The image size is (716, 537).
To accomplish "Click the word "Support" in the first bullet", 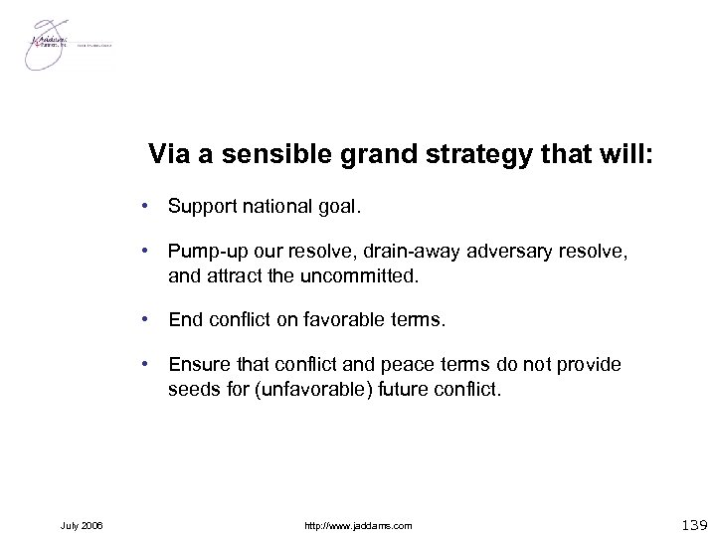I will (200, 206).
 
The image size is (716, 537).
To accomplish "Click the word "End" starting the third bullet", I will (185, 320).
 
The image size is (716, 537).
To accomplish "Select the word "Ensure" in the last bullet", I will (197, 364).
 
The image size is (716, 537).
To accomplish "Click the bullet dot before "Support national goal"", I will (146, 207).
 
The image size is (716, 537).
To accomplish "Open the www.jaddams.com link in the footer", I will (359, 524).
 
